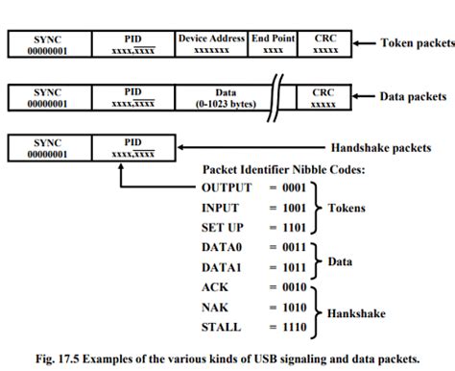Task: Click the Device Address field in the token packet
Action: [x=211, y=43]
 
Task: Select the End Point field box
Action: [x=273, y=43]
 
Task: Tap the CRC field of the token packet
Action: [x=324, y=43]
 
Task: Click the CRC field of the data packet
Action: [x=324, y=98]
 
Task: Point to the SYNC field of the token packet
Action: [x=47, y=43]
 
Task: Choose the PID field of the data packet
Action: [x=132, y=98]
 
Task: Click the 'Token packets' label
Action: [x=416, y=43]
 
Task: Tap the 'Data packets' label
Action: [x=413, y=97]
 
